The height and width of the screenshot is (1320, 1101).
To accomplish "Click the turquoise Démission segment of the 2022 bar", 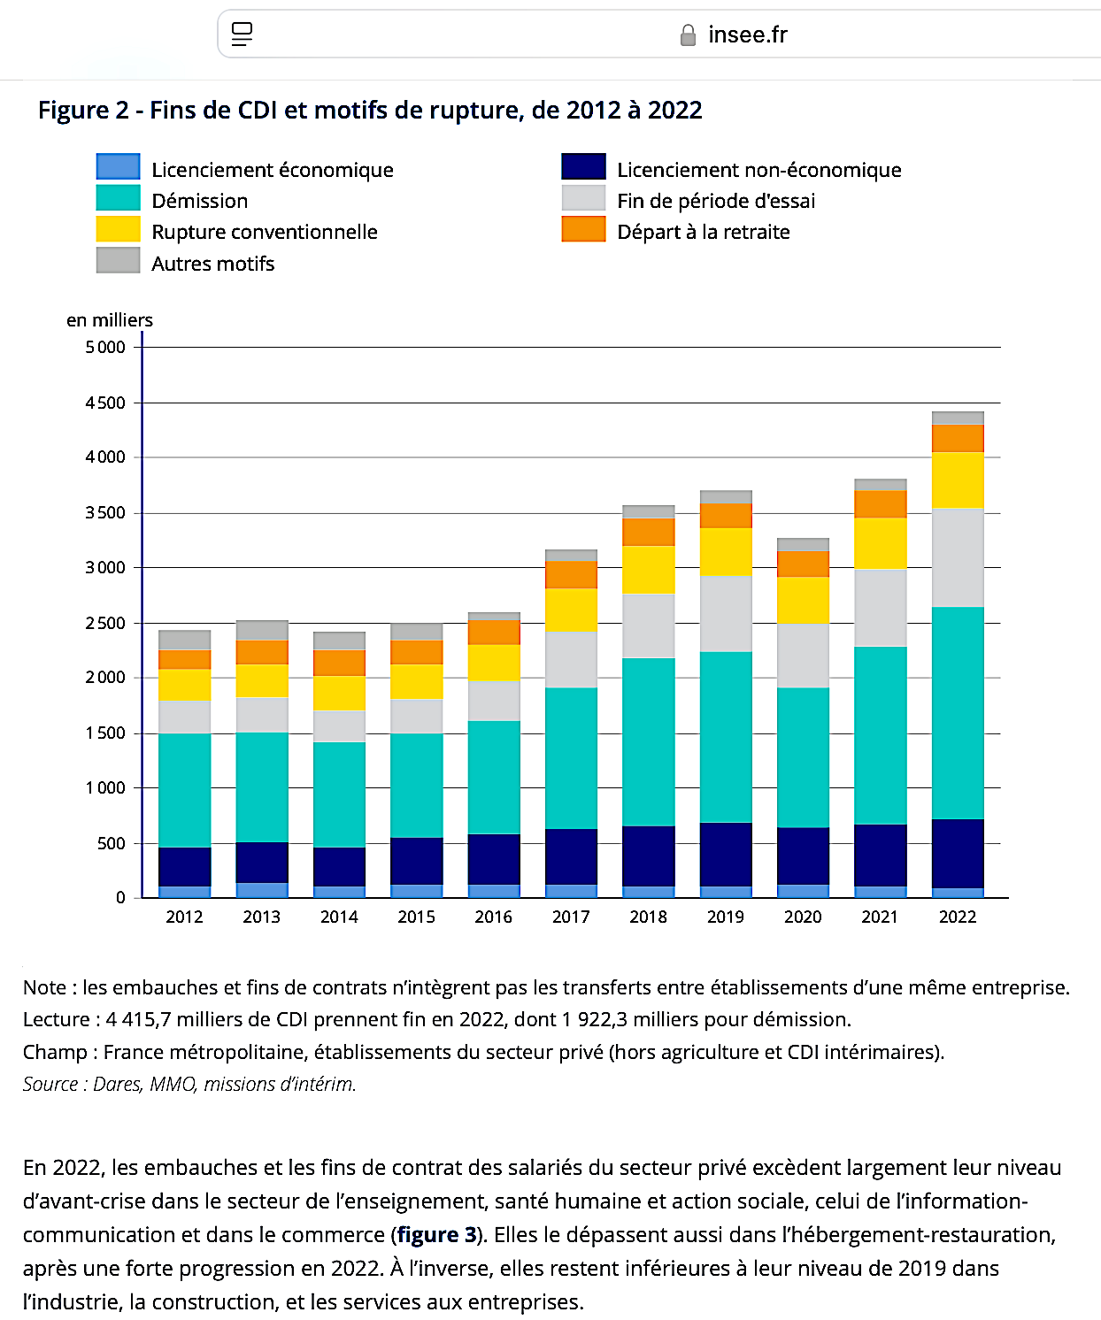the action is pyautogui.click(x=958, y=712).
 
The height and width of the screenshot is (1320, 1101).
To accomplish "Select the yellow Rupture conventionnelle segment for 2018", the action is pyautogui.click(x=648, y=570).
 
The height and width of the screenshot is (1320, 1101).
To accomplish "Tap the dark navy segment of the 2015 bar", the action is pyautogui.click(x=416, y=861).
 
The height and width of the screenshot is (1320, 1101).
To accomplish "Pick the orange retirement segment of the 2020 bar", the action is pyautogui.click(x=803, y=564).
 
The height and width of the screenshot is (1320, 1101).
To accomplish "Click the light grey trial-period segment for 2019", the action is pyautogui.click(x=726, y=613).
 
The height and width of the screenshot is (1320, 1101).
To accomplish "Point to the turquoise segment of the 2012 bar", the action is pyautogui.click(x=184, y=789).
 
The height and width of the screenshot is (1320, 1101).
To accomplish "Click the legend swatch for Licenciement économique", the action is pyautogui.click(x=119, y=166).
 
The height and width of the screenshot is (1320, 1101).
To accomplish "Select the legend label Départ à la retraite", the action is pyautogui.click(x=704, y=232).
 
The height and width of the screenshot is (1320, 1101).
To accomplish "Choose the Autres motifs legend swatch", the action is pyautogui.click(x=119, y=260).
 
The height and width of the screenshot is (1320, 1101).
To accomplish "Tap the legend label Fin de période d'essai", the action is pyautogui.click(x=716, y=201).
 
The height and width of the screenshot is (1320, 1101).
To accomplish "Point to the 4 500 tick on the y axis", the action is pyautogui.click(x=105, y=403).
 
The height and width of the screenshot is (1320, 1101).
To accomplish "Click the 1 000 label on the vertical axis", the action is pyautogui.click(x=105, y=787).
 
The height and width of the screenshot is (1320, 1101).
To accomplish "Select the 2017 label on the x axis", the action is pyautogui.click(x=571, y=917).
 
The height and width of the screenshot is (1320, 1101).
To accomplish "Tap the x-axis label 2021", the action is pyautogui.click(x=880, y=917).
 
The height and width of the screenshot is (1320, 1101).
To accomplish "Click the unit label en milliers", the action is pyautogui.click(x=110, y=320).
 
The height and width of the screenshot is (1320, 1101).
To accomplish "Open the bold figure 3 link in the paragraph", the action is pyautogui.click(x=436, y=1234).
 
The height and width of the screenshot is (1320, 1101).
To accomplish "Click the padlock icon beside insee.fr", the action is pyautogui.click(x=688, y=35).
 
